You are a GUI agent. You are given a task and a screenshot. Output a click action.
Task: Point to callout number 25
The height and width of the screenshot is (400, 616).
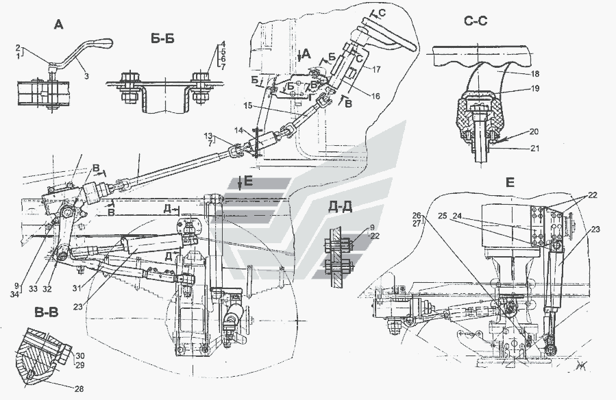(443, 216)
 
